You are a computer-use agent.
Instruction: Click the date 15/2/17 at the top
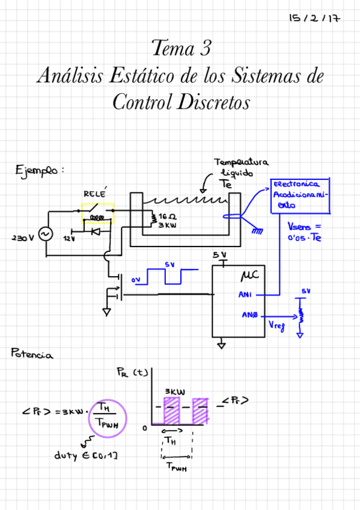coord(314,18)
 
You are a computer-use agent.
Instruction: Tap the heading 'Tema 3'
coord(180,48)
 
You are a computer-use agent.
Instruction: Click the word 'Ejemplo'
coord(38,170)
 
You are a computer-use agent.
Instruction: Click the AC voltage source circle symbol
coord(45,234)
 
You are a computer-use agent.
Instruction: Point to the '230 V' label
coord(23,238)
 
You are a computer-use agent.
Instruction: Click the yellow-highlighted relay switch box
coord(97,214)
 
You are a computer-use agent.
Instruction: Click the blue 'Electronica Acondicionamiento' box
coord(300,195)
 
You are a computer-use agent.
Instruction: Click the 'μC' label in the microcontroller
coord(249,276)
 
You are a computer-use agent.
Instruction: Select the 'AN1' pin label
coord(245,295)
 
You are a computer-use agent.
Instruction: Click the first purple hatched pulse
coord(172,410)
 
